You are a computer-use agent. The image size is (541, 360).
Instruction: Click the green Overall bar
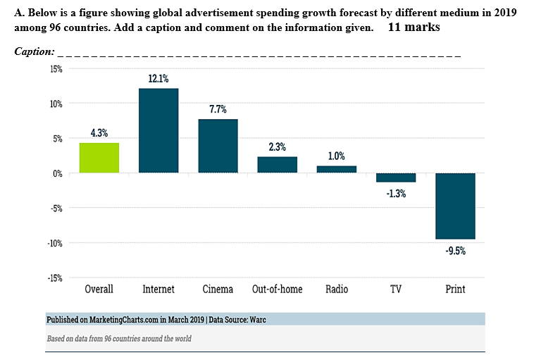click(99, 158)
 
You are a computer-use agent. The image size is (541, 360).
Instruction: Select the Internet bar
click(158, 131)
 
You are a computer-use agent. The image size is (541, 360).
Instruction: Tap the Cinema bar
click(218, 146)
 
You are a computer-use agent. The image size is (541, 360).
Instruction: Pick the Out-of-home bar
click(277, 165)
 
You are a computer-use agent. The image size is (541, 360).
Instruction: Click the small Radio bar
click(336, 169)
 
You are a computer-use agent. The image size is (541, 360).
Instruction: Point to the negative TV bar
click(396, 178)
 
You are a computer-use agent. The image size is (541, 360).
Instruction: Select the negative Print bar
click(455, 206)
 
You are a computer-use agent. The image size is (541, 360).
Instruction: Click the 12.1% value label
click(158, 79)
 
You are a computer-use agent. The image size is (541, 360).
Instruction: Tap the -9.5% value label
click(455, 250)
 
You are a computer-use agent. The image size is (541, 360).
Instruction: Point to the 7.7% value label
click(218, 110)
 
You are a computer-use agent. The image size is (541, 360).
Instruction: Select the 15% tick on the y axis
click(55, 69)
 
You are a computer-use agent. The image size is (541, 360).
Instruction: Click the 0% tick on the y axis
click(56, 173)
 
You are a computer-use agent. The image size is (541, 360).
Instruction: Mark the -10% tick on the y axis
click(54, 243)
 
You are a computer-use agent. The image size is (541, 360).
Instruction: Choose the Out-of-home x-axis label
click(277, 289)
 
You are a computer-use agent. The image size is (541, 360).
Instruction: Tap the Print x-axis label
click(455, 289)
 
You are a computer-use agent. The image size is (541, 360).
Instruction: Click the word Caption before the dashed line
click(34, 52)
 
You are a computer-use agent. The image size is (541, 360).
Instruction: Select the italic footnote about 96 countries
click(118, 339)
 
